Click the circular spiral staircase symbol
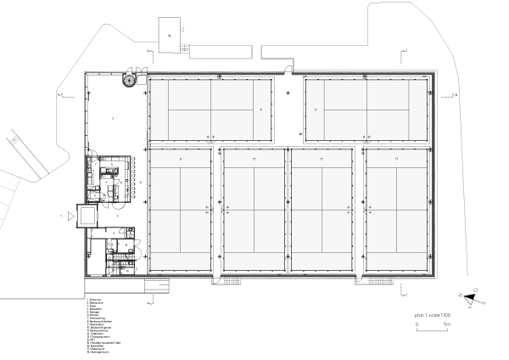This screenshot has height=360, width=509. pyautogui.click(x=129, y=80)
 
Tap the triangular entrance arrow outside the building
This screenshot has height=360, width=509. pyautogui.click(x=64, y=217)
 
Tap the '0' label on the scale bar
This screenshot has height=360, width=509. pyautogui.click(x=417, y=324)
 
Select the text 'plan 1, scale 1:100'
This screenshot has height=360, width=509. pyautogui.click(x=433, y=315)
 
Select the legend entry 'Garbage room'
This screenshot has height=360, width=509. pyautogui.click(x=98, y=352)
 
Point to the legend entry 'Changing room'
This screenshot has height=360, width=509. pyautogui.click(x=98, y=336)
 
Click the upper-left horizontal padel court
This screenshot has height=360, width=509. pyautogui.click(x=210, y=110)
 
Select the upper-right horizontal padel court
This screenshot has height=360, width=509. pyautogui.click(x=366, y=110)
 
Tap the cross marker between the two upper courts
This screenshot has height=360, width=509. pyautogui.click(x=288, y=93)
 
